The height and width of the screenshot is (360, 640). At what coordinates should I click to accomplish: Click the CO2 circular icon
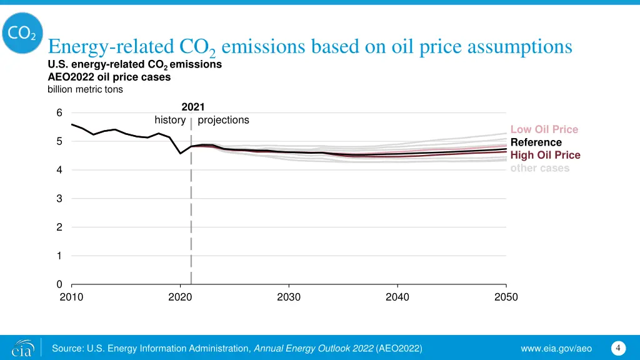(23, 34)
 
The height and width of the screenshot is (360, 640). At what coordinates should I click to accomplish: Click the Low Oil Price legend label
(544, 129)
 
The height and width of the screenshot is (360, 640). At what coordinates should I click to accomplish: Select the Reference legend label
(536, 142)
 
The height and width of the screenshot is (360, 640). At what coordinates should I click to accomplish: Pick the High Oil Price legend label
(545, 155)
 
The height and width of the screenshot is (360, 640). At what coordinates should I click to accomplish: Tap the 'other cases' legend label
(539, 167)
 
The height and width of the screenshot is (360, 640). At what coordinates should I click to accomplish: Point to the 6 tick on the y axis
(59, 113)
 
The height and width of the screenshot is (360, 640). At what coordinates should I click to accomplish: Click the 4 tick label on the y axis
(59, 170)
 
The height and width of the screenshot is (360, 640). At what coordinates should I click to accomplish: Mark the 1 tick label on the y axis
(59, 256)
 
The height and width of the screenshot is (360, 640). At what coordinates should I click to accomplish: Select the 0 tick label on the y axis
(59, 284)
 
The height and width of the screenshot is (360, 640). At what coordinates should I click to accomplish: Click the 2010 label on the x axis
(71, 297)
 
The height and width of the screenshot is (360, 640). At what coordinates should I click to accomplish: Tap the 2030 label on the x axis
(289, 297)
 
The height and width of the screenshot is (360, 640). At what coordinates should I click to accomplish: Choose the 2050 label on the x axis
(506, 297)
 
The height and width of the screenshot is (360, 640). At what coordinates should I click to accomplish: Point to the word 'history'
(170, 120)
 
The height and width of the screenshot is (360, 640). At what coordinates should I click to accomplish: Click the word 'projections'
(223, 120)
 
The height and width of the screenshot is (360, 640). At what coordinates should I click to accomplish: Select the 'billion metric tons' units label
(85, 89)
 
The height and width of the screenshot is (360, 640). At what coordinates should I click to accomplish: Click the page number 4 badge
(617, 347)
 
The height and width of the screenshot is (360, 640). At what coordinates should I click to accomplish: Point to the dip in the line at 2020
(181, 153)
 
